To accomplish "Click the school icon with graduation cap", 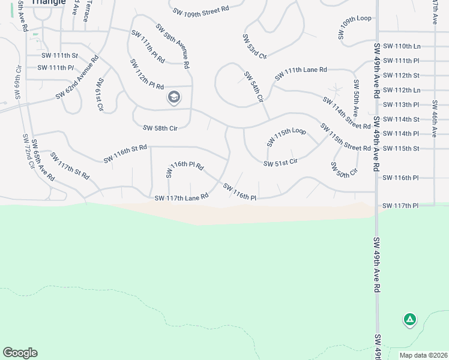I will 174,97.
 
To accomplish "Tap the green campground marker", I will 410,320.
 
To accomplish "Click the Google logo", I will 20,353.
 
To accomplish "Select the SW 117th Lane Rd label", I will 181,197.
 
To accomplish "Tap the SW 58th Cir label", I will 160,128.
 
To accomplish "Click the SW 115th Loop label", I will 286,137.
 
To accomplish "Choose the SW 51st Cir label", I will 281,162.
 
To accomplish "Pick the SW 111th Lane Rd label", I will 301,74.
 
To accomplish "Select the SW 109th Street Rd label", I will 200,10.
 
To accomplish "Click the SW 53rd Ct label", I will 255,46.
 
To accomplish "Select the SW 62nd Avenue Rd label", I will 77,77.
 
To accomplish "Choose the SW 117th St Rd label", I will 70,166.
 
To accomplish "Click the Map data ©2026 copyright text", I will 422,355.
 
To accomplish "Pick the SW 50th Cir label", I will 344,169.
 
